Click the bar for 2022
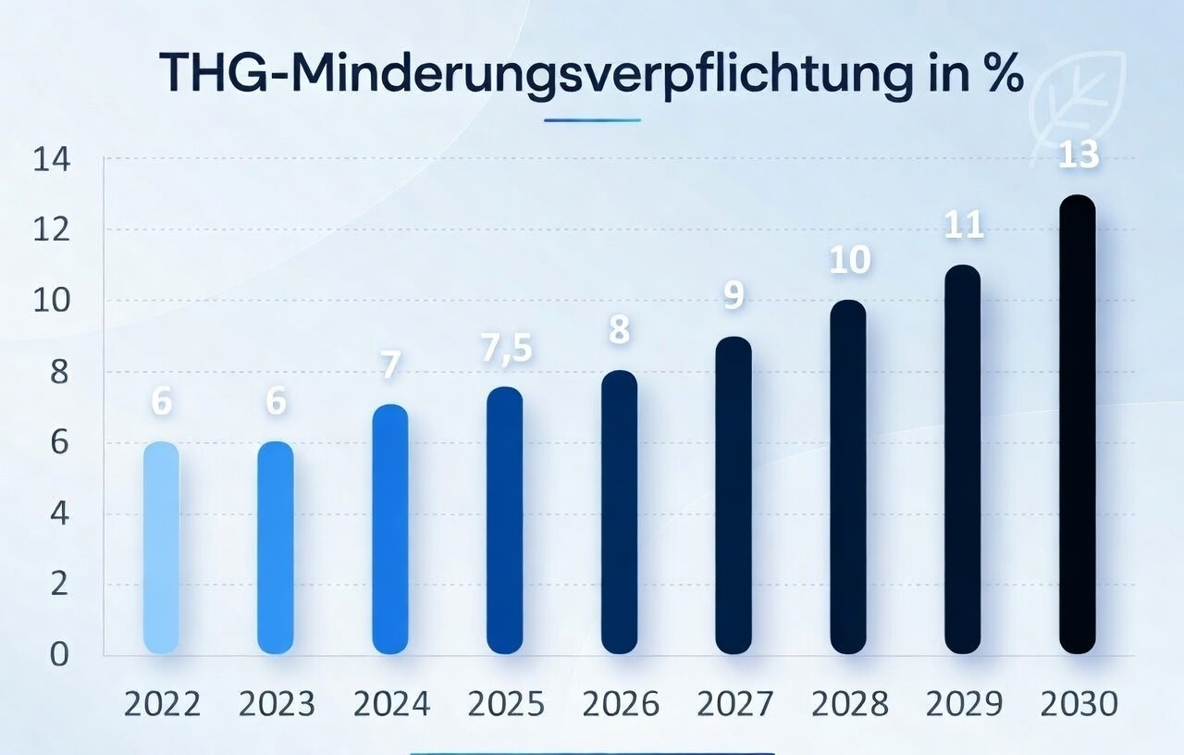(162, 548)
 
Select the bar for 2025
(505, 520)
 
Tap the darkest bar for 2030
(1077, 425)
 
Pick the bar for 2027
(734, 495)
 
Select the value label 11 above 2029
(963, 226)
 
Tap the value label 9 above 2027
(734, 296)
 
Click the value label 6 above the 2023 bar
(276, 402)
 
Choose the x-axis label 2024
(390, 705)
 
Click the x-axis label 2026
(620, 705)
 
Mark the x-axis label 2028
(848, 705)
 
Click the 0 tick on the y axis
(59, 655)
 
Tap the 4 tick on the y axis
(59, 514)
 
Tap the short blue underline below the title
(592, 119)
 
